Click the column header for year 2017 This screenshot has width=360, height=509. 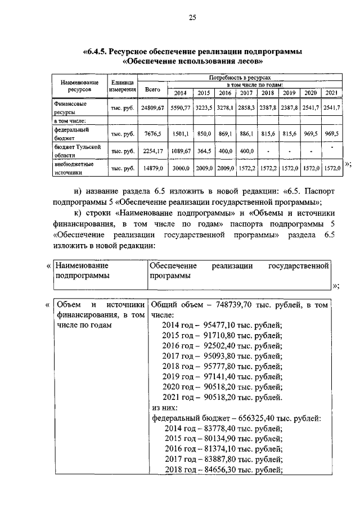coord(246,93)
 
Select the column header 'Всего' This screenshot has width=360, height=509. coord(152,89)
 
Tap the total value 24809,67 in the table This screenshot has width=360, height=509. coord(152,107)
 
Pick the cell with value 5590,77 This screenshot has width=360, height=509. coord(181,107)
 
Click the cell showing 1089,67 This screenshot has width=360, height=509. coord(181,151)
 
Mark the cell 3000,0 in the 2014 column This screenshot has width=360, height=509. coord(181,168)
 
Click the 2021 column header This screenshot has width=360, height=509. coord(331,93)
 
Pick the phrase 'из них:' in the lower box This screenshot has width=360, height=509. coord(165,407)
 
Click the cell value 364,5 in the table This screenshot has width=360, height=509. coord(204,151)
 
